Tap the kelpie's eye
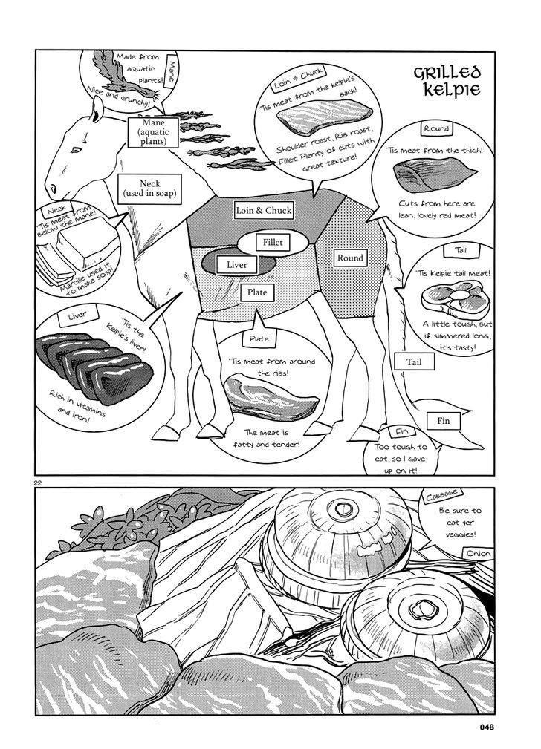(x=76, y=151)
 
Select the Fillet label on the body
(x=272, y=243)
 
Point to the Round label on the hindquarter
(x=350, y=258)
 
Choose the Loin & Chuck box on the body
(x=264, y=210)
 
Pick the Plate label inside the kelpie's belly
(x=257, y=292)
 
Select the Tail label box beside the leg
(x=414, y=362)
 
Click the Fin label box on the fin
(x=444, y=421)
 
